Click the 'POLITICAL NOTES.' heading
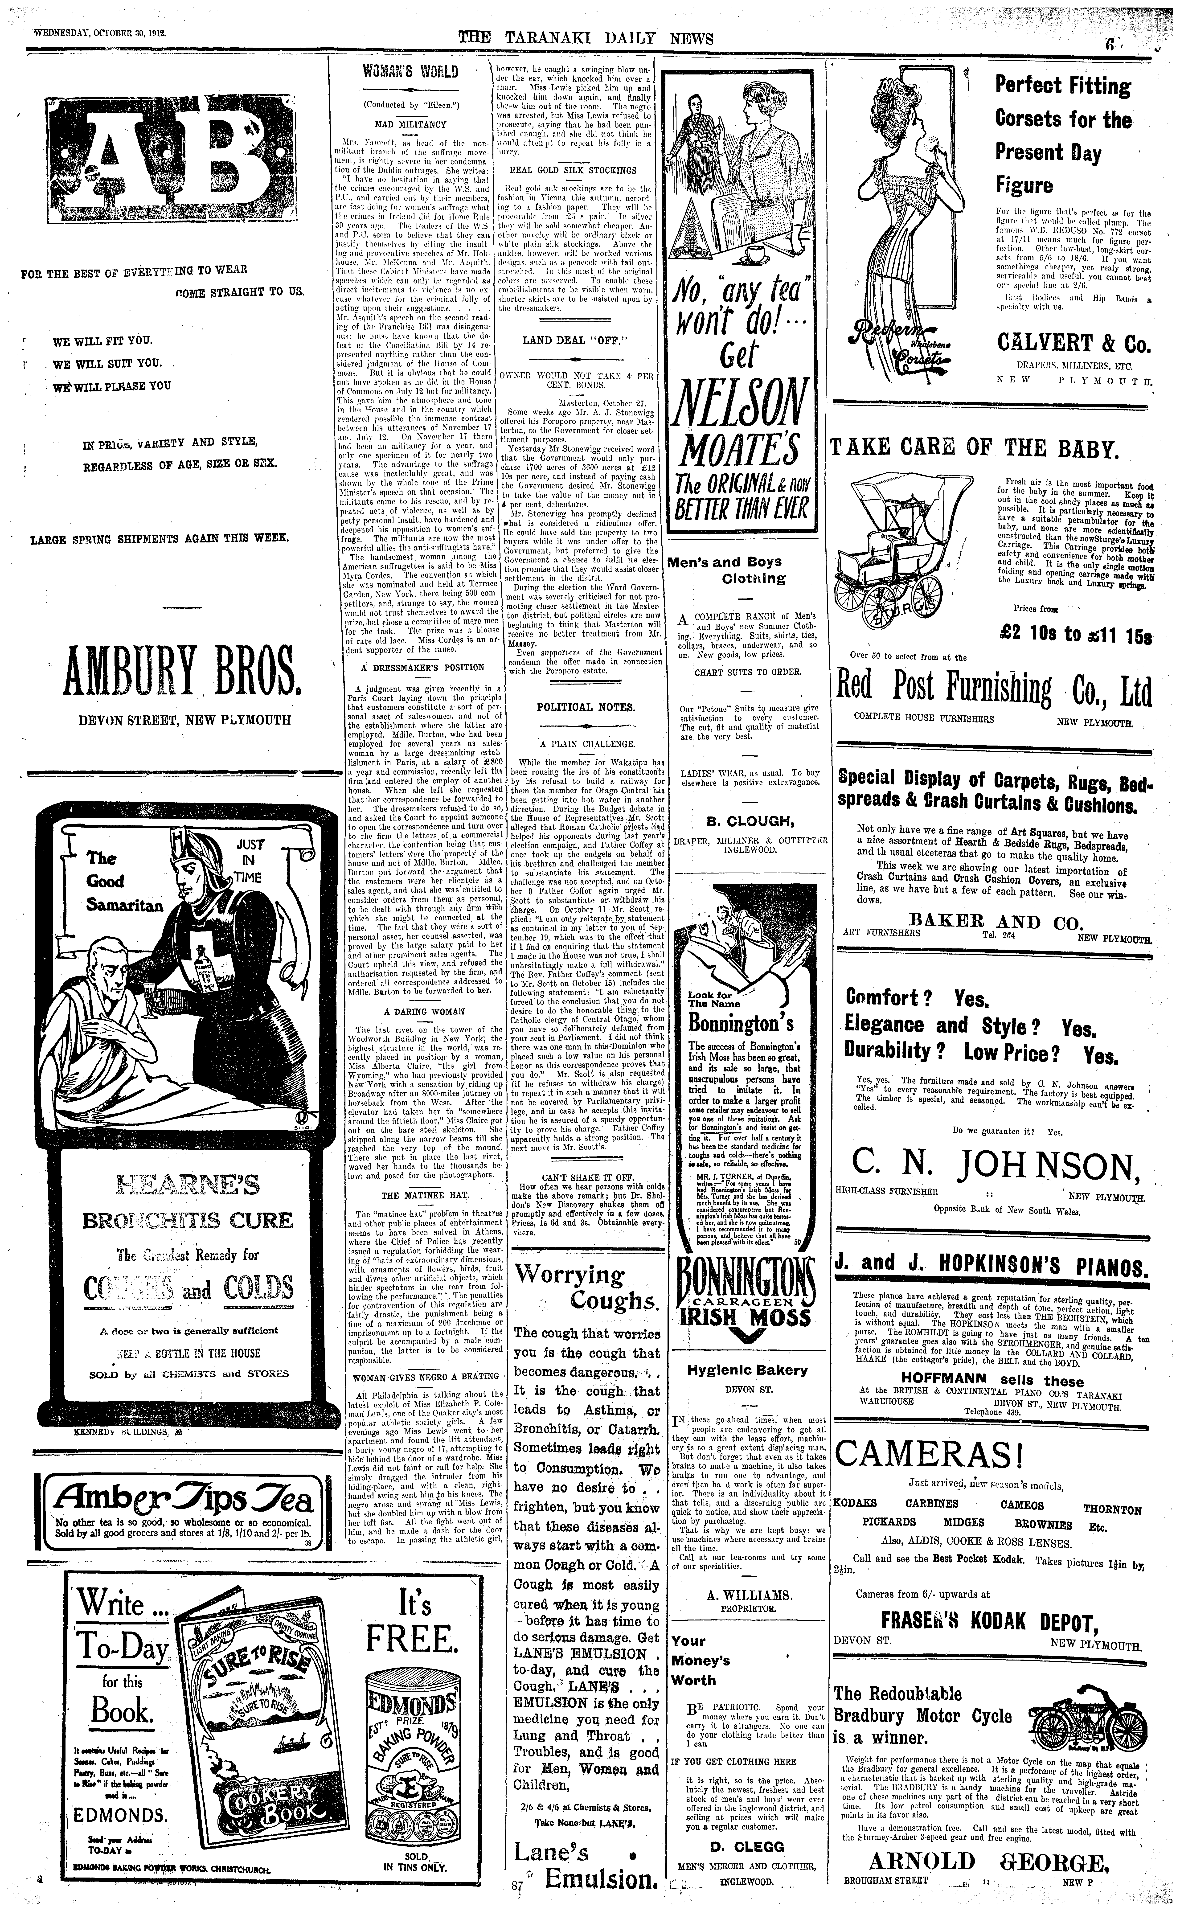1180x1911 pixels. (x=575, y=707)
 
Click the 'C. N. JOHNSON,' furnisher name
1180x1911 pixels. (x=991, y=1166)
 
